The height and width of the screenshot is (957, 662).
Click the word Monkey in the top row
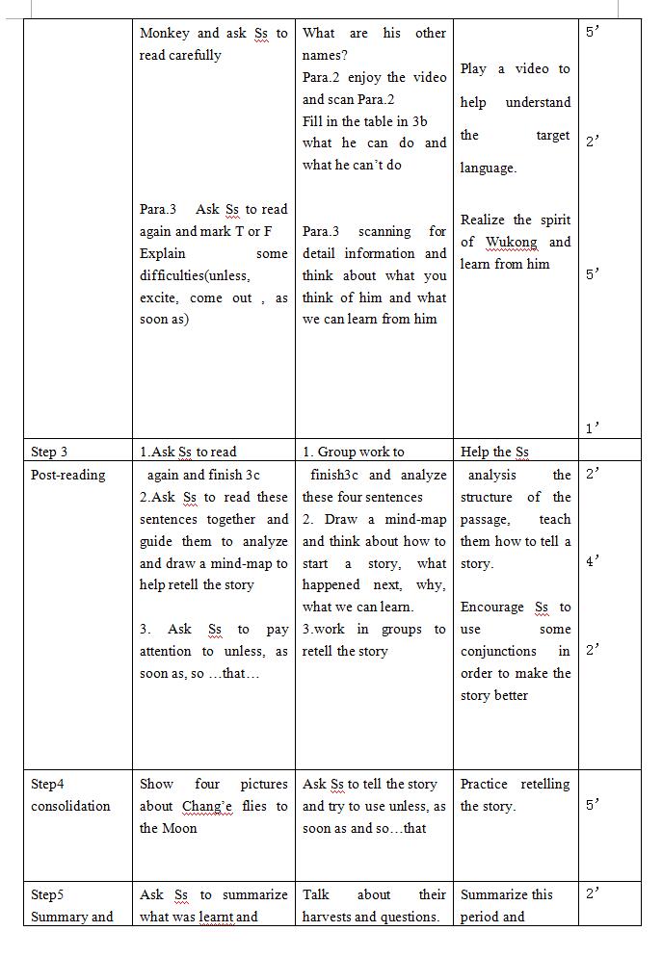pyautogui.click(x=166, y=33)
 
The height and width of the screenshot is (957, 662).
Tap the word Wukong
pyautogui.click(x=511, y=242)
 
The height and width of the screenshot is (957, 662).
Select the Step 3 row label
pyautogui.click(x=49, y=452)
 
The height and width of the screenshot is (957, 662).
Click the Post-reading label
pyautogui.click(x=68, y=474)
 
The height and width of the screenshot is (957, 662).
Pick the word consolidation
pyautogui.click(x=70, y=806)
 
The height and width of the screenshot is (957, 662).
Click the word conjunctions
pyautogui.click(x=498, y=651)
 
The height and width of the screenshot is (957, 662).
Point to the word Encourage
pyautogui.click(x=492, y=607)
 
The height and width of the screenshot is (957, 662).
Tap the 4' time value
pyautogui.click(x=593, y=561)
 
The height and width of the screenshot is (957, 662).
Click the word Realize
pyautogui.click(x=484, y=220)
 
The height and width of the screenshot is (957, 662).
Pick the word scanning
pyautogui.click(x=384, y=231)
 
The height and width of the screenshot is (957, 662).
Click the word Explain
pyautogui.click(x=163, y=253)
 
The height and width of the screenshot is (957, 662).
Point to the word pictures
pyautogui.click(x=263, y=784)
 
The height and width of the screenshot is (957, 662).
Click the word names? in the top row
pyautogui.click(x=325, y=55)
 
